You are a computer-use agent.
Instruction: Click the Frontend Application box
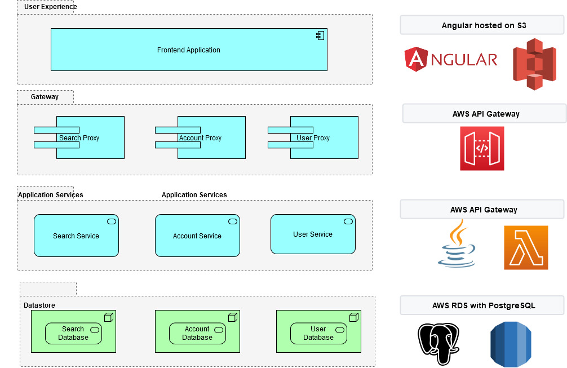(x=189, y=50)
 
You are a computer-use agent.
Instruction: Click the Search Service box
(x=76, y=236)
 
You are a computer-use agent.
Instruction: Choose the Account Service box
(x=197, y=236)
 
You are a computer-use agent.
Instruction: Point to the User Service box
(x=313, y=234)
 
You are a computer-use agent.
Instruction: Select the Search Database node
(x=73, y=333)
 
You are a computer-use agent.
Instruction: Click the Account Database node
(x=197, y=333)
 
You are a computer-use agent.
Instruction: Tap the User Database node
(x=318, y=333)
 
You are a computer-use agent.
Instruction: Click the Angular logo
(x=451, y=60)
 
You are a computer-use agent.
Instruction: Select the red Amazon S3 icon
(x=534, y=64)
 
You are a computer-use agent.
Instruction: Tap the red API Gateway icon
(x=482, y=148)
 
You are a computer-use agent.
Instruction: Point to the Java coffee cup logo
(x=457, y=244)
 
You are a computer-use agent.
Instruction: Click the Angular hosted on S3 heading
(x=484, y=25)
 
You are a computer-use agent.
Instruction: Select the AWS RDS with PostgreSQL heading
(x=484, y=305)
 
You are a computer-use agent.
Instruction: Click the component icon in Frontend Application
(x=320, y=36)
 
